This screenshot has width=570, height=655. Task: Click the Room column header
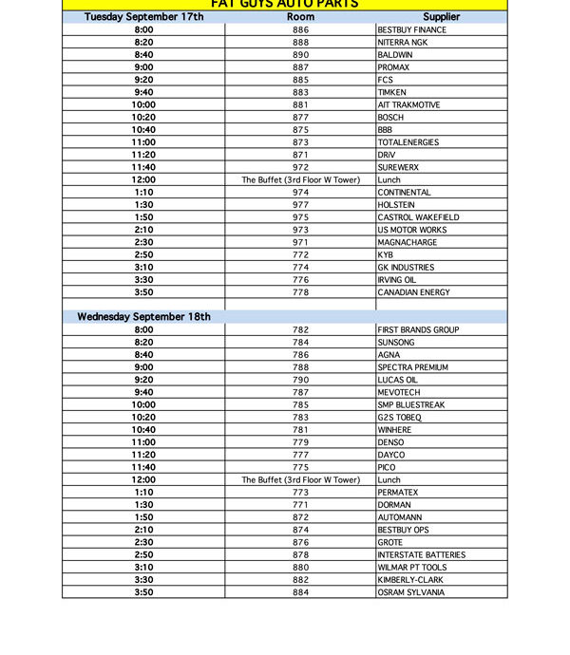pyautogui.click(x=300, y=17)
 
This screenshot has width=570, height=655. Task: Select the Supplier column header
pyautogui.click(x=441, y=17)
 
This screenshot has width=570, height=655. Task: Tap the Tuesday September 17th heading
pyautogui.click(x=143, y=17)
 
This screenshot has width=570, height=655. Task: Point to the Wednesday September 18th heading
pyautogui.click(x=143, y=317)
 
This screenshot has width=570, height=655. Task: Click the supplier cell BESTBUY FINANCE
pyautogui.click(x=411, y=30)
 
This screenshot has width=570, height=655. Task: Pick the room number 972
pyautogui.click(x=300, y=167)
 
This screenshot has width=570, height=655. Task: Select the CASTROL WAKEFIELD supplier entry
pyautogui.click(x=418, y=217)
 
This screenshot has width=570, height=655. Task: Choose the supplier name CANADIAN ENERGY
pyautogui.click(x=413, y=292)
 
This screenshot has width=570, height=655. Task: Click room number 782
pyautogui.click(x=300, y=329)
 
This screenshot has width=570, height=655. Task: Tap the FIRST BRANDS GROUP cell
pyautogui.click(x=418, y=329)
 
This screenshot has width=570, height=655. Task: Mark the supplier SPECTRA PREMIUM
pyautogui.click(x=412, y=367)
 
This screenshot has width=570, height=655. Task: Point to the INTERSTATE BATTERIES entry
pyautogui.click(x=421, y=554)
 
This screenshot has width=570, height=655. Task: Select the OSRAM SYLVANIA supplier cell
pyautogui.click(x=410, y=592)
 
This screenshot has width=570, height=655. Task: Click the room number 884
pyautogui.click(x=300, y=592)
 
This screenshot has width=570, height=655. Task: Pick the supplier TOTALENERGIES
pyautogui.click(x=408, y=142)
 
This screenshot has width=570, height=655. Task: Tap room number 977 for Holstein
pyautogui.click(x=300, y=205)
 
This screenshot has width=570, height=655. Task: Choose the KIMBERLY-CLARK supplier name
pyautogui.click(x=409, y=580)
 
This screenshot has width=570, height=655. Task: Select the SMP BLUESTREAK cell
pyautogui.click(x=410, y=404)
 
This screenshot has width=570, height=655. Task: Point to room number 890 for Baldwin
pyautogui.click(x=300, y=55)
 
